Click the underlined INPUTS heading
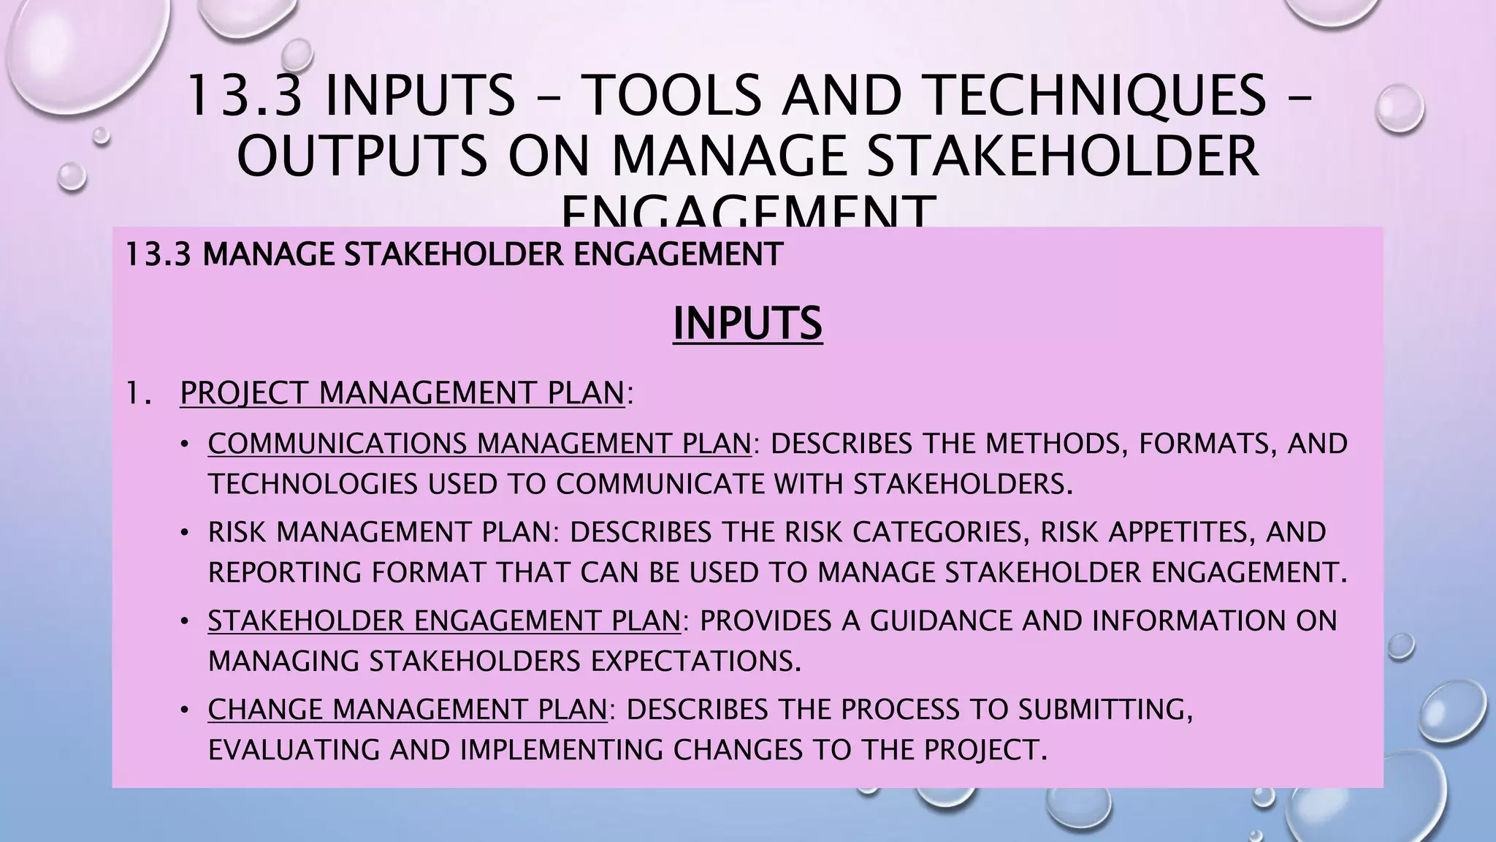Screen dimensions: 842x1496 (x=747, y=324)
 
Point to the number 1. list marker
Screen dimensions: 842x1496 (x=137, y=393)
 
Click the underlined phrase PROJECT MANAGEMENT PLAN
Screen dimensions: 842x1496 (x=402, y=393)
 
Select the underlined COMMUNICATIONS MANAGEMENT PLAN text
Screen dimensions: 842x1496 (x=479, y=444)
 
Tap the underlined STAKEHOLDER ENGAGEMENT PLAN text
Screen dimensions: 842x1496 (x=444, y=621)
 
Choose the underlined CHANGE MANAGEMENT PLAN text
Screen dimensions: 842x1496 (x=407, y=710)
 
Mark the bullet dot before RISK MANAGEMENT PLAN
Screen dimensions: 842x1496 (x=186, y=532)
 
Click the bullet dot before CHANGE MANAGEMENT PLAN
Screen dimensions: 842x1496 (x=186, y=710)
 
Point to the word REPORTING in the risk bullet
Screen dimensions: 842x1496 (x=284, y=572)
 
